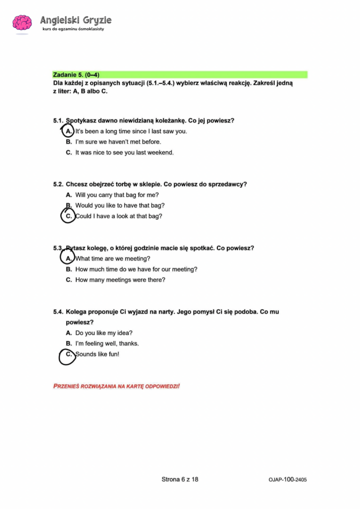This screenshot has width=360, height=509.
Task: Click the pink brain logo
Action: (x=22, y=23)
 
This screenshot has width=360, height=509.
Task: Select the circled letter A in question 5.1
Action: (x=68, y=131)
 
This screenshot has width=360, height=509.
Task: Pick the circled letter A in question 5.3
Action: (x=68, y=258)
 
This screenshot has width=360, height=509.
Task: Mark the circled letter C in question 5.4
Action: (x=68, y=354)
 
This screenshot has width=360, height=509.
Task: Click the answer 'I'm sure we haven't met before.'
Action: (x=118, y=142)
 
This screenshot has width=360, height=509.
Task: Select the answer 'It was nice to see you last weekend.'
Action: (x=124, y=152)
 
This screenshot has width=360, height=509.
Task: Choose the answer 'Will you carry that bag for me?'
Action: (x=117, y=195)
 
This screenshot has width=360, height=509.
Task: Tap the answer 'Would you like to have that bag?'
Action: (x=120, y=205)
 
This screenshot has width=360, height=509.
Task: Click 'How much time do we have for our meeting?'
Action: (x=136, y=269)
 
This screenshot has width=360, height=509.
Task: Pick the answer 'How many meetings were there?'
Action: (x=120, y=280)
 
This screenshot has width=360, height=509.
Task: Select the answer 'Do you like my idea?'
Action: (x=104, y=333)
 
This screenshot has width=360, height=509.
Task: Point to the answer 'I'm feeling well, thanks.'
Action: (x=107, y=343)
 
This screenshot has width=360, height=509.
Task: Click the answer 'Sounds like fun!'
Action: (x=97, y=354)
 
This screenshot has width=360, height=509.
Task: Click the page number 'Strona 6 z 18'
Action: (x=180, y=479)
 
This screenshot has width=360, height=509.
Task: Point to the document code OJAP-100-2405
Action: (x=287, y=479)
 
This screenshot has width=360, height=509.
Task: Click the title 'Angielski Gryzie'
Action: (x=76, y=20)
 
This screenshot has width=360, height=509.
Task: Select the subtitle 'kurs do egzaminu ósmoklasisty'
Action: (x=73, y=29)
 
